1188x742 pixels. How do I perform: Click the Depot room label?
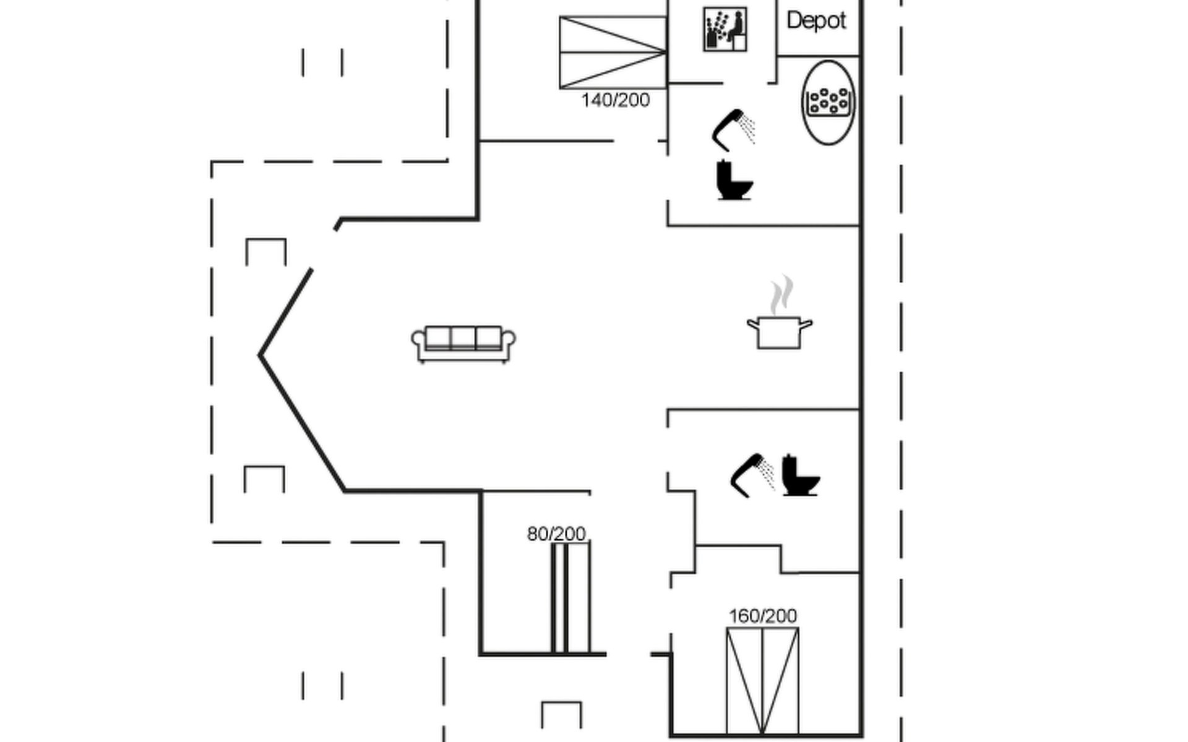(816, 21)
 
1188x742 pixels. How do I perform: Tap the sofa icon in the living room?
(463, 344)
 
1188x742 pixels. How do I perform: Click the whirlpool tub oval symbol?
(829, 103)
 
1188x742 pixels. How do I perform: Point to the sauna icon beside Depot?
(725, 29)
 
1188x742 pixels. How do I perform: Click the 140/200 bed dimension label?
(616, 100)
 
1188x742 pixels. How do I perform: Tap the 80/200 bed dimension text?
(556, 534)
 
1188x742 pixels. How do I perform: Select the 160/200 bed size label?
(763, 616)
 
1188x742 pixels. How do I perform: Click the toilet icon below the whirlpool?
(734, 180)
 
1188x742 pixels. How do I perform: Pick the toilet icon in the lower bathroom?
(801, 475)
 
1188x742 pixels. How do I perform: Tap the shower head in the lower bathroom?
(752, 475)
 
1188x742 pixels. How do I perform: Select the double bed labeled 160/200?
(762, 681)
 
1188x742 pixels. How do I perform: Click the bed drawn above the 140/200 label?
(613, 53)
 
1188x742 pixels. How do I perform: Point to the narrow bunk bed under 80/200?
(571, 597)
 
